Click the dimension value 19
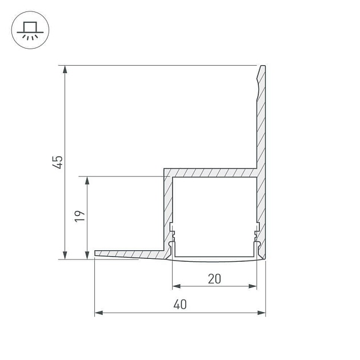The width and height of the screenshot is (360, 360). (x=80, y=216)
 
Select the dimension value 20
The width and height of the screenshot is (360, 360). (x=214, y=279)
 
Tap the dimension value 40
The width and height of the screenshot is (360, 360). (x=180, y=305)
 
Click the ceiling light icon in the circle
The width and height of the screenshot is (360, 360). (x=30, y=31)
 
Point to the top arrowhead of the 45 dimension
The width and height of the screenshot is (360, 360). (x=65, y=69)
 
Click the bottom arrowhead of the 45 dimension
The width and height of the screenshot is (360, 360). (x=65, y=255)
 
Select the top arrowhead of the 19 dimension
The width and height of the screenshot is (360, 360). (x=87, y=181)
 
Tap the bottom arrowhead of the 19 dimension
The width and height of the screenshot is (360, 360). (x=87, y=255)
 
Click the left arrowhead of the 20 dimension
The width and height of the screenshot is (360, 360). (x=177, y=286)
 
